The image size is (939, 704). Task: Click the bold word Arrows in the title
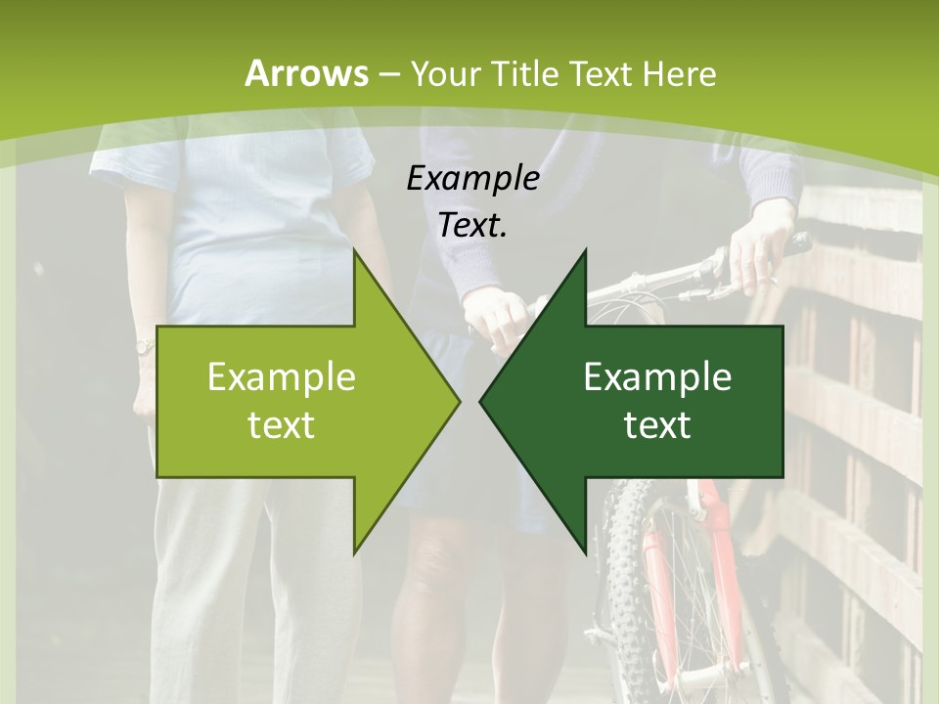click(306, 73)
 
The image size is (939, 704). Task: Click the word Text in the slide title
click(602, 73)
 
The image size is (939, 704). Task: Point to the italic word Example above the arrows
click(472, 178)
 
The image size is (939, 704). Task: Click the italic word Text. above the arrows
click(472, 226)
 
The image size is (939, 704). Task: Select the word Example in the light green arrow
click(282, 376)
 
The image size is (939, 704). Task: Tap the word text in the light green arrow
click(282, 424)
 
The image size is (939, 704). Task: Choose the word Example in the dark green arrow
click(657, 376)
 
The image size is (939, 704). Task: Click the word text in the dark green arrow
click(657, 424)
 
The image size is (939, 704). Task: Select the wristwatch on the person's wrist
click(144, 346)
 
